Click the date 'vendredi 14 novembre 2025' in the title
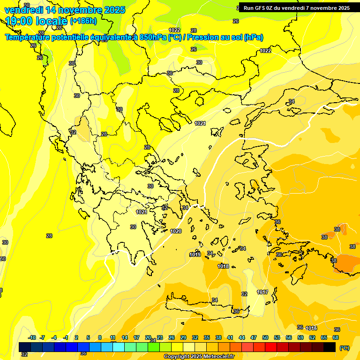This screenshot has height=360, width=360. [65, 10]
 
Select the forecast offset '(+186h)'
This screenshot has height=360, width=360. [83, 21]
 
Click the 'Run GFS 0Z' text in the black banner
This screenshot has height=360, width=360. [262, 8]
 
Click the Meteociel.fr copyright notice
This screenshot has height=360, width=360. [199, 357]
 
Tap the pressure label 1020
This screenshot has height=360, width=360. [176, 231]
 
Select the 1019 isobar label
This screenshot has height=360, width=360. [195, 255]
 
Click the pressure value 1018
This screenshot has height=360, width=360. [223, 266]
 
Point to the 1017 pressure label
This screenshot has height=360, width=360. [262, 292]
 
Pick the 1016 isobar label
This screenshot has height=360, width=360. [311, 328]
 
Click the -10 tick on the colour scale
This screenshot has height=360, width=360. [32, 337]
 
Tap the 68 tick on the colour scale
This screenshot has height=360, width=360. [336, 337]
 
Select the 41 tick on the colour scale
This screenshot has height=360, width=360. [230, 337]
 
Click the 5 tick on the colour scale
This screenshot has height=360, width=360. [89, 337]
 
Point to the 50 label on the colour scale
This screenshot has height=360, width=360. [265, 337]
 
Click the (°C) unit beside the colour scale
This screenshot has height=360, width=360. [344, 347]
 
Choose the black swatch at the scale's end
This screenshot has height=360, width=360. [330, 347]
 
